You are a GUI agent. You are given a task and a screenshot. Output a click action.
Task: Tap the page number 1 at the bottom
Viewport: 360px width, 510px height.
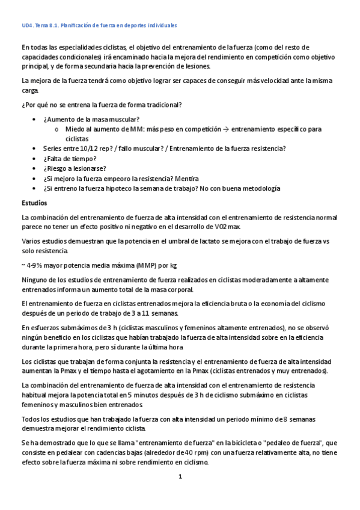(x=180, y=476)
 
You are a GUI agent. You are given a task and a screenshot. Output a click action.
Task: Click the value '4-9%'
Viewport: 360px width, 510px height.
(x=35, y=265)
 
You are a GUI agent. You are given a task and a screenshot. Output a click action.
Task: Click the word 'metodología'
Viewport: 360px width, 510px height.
(x=258, y=188)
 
